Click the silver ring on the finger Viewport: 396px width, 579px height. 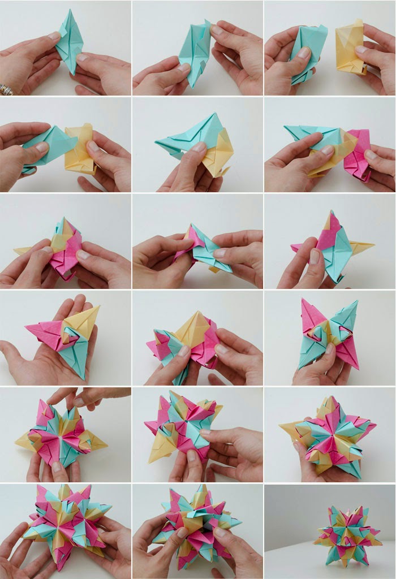(6, 89)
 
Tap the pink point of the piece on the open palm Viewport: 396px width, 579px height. (42, 331)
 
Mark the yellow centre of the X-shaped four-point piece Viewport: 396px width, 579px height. (330, 334)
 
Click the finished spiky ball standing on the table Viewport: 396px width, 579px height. (347, 534)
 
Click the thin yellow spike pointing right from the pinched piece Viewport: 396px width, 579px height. (362, 246)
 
